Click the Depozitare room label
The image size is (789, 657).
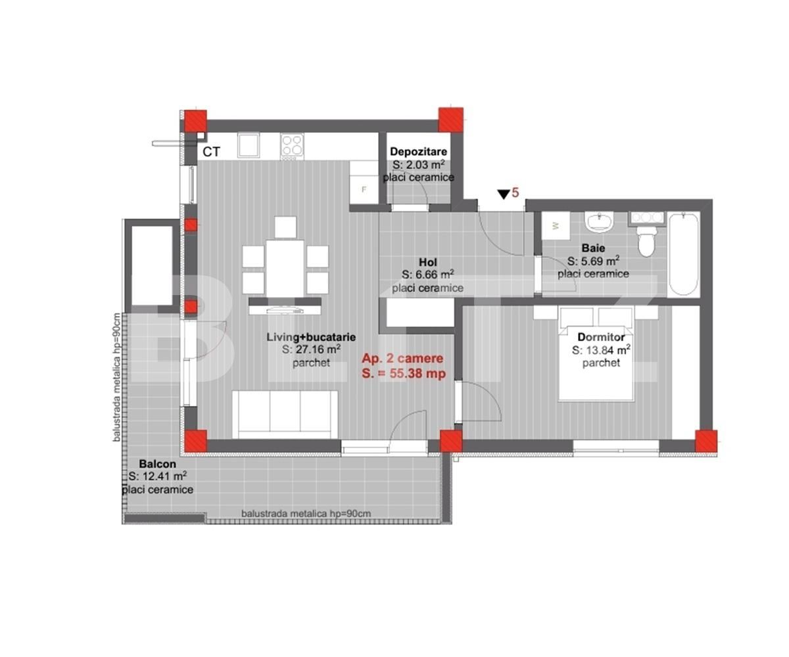tap(418, 151)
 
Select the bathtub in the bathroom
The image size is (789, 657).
tap(683, 254)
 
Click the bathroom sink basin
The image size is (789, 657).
tap(599, 220)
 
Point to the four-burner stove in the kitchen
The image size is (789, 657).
tap(292, 145)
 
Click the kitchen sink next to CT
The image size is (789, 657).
tap(249, 145)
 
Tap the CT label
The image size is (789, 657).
tap(211, 152)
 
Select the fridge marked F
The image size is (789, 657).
tap(364, 183)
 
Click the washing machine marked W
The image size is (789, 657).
tap(556, 225)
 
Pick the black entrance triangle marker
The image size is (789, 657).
tap(504, 194)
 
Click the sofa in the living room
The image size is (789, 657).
tap(285, 415)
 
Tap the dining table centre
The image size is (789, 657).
tap(285, 269)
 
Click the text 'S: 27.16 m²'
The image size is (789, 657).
tap(311, 350)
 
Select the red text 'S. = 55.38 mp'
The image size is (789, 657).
tap(404, 373)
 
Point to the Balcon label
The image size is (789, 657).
tap(157, 464)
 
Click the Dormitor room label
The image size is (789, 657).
tap(601, 337)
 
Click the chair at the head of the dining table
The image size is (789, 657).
tap(285, 227)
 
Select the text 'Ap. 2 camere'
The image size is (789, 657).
tap(402, 358)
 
